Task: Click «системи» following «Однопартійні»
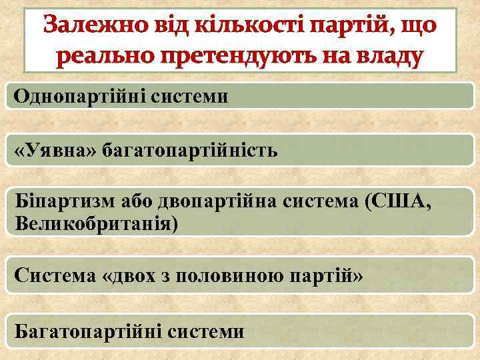[x=193, y=97]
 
